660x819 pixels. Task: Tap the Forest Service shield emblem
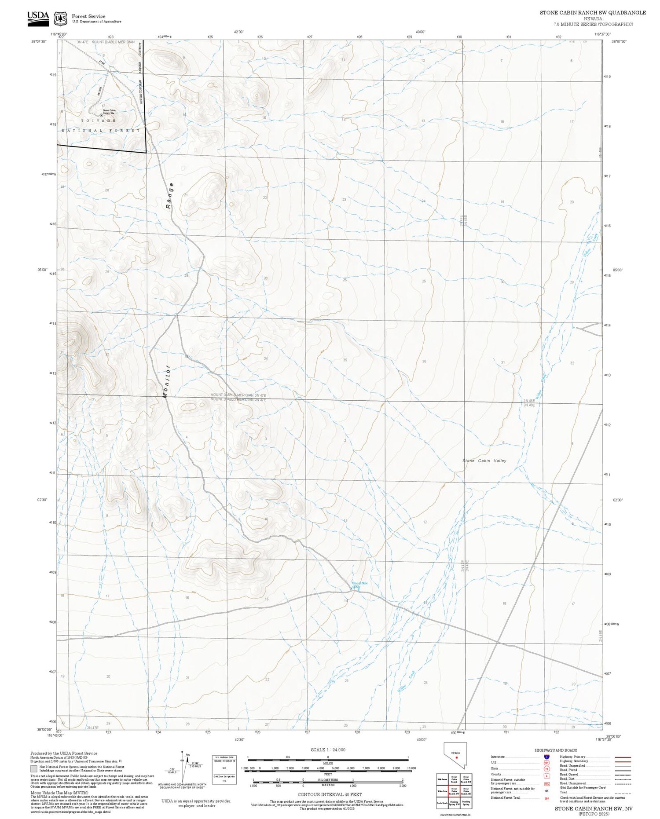tap(60, 19)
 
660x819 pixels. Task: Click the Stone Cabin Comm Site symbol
tap(101, 114)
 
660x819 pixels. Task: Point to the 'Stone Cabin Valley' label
tap(484, 461)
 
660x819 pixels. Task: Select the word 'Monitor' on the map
tap(166, 381)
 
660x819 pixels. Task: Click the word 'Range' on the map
tap(170, 195)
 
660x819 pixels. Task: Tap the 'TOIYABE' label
tap(98, 121)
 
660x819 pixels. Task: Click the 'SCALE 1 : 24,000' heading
tap(328, 750)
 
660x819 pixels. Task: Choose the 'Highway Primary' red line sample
tap(621, 757)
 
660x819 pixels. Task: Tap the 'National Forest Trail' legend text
tap(505, 797)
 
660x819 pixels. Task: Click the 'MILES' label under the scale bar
tap(328, 763)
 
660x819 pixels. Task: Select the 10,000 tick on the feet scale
tap(411, 768)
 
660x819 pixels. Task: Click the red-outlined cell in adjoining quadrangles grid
tap(454, 790)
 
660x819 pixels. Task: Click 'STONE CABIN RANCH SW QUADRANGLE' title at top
tap(593, 13)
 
